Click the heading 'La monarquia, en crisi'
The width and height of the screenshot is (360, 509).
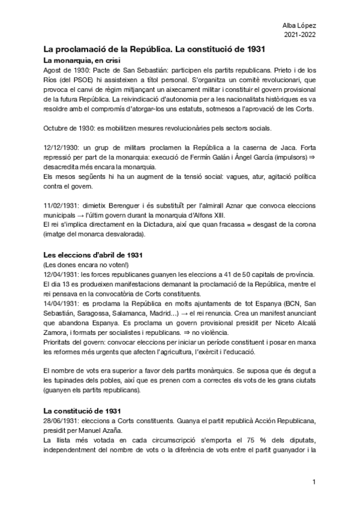(x=82, y=61)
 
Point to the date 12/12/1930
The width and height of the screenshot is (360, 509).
(x=60, y=148)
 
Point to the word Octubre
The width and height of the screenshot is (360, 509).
(x=58, y=128)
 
